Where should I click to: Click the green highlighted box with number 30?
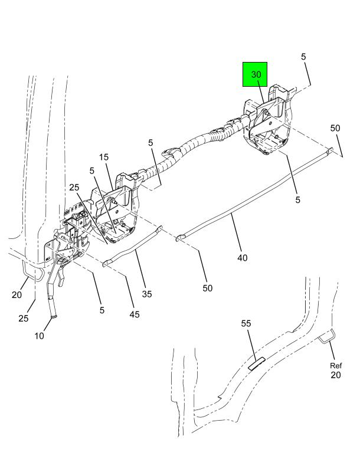click(255, 74)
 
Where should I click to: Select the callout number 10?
click(38, 336)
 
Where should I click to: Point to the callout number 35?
click(148, 293)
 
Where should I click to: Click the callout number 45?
click(135, 314)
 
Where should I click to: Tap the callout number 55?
click(246, 323)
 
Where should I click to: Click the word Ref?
click(335, 365)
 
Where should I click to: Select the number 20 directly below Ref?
click(335, 375)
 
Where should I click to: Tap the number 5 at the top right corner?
click(303, 57)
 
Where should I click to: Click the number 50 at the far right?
click(335, 128)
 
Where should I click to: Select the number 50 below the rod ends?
click(207, 288)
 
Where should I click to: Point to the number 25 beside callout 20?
click(23, 318)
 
